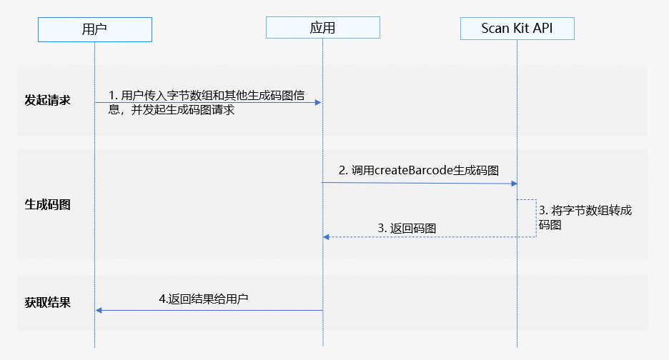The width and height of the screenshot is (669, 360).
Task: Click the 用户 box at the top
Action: point(94,29)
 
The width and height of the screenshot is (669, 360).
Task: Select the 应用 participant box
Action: point(322,28)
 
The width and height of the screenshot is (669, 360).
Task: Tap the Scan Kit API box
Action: point(517,28)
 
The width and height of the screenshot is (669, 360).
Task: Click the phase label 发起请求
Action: point(47,100)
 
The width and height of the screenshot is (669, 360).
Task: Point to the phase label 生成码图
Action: point(47,204)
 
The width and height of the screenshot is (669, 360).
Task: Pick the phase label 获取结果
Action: point(47,301)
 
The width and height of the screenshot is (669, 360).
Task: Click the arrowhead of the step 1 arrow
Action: point(318,102)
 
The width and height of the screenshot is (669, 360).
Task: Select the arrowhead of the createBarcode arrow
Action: point(513,184)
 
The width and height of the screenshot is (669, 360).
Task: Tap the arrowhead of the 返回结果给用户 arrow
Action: point(99,310)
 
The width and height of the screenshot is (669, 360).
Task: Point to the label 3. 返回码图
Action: point(407,228)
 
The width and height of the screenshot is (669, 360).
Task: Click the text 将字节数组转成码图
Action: point(585,217)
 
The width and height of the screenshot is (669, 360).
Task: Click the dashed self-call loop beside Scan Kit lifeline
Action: point(535,218)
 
